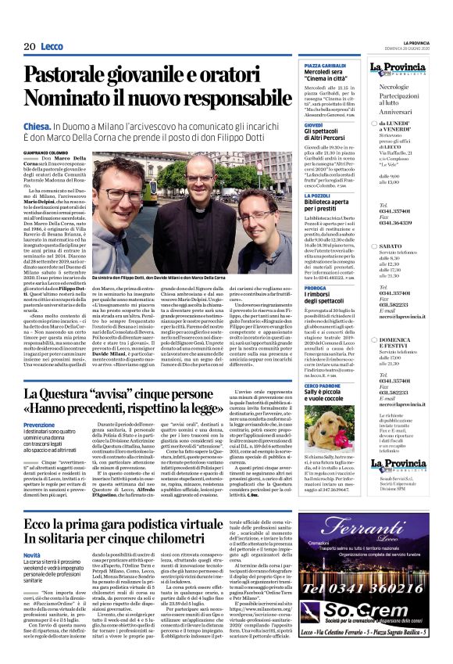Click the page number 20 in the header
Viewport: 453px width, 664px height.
[x=29, y=47]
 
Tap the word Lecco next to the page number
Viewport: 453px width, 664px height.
[x=52, y=47]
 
